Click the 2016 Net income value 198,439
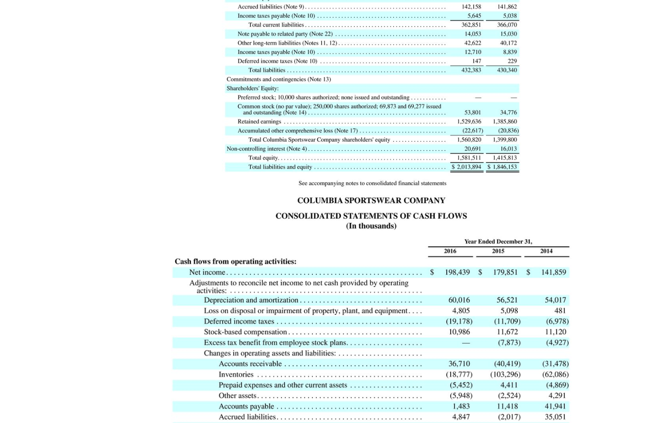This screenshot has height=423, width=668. click(x=457, y=272)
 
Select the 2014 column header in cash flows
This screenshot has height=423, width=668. click(x=546, y=251)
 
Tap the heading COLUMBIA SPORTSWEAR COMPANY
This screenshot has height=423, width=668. click(x=371, y=200)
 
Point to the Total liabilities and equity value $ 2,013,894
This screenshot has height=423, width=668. click(x=467, y=167)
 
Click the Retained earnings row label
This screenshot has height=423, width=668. click(x=259, y=121)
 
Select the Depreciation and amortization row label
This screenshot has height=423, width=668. click(x=251, y=300)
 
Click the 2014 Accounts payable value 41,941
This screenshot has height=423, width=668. click(x=555, y=406)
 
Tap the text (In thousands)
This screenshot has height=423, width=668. click(x=371, y=226)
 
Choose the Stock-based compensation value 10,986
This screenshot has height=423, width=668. click(x=459, y=332)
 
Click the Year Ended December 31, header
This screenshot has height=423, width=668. click(x=498, y=242)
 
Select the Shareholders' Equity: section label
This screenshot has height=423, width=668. click(x=253, y=88)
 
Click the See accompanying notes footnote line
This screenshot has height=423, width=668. click(x=372, y=183)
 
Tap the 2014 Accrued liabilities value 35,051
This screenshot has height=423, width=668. click(x=555, y=417)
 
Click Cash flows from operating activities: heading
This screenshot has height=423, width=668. click(x=235, y=261)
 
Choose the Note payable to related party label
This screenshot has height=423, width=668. click(x=285, y=34)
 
